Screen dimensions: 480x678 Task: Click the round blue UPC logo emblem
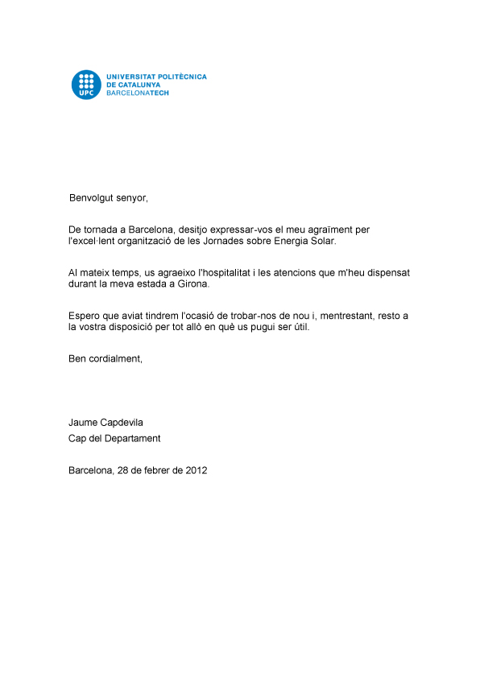[86, 85]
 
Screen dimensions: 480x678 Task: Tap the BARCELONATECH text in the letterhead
[138, 93]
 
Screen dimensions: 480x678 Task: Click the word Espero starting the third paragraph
[85, 316]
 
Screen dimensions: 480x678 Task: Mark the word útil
[298, 328]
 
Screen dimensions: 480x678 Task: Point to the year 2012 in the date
[197, 470]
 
